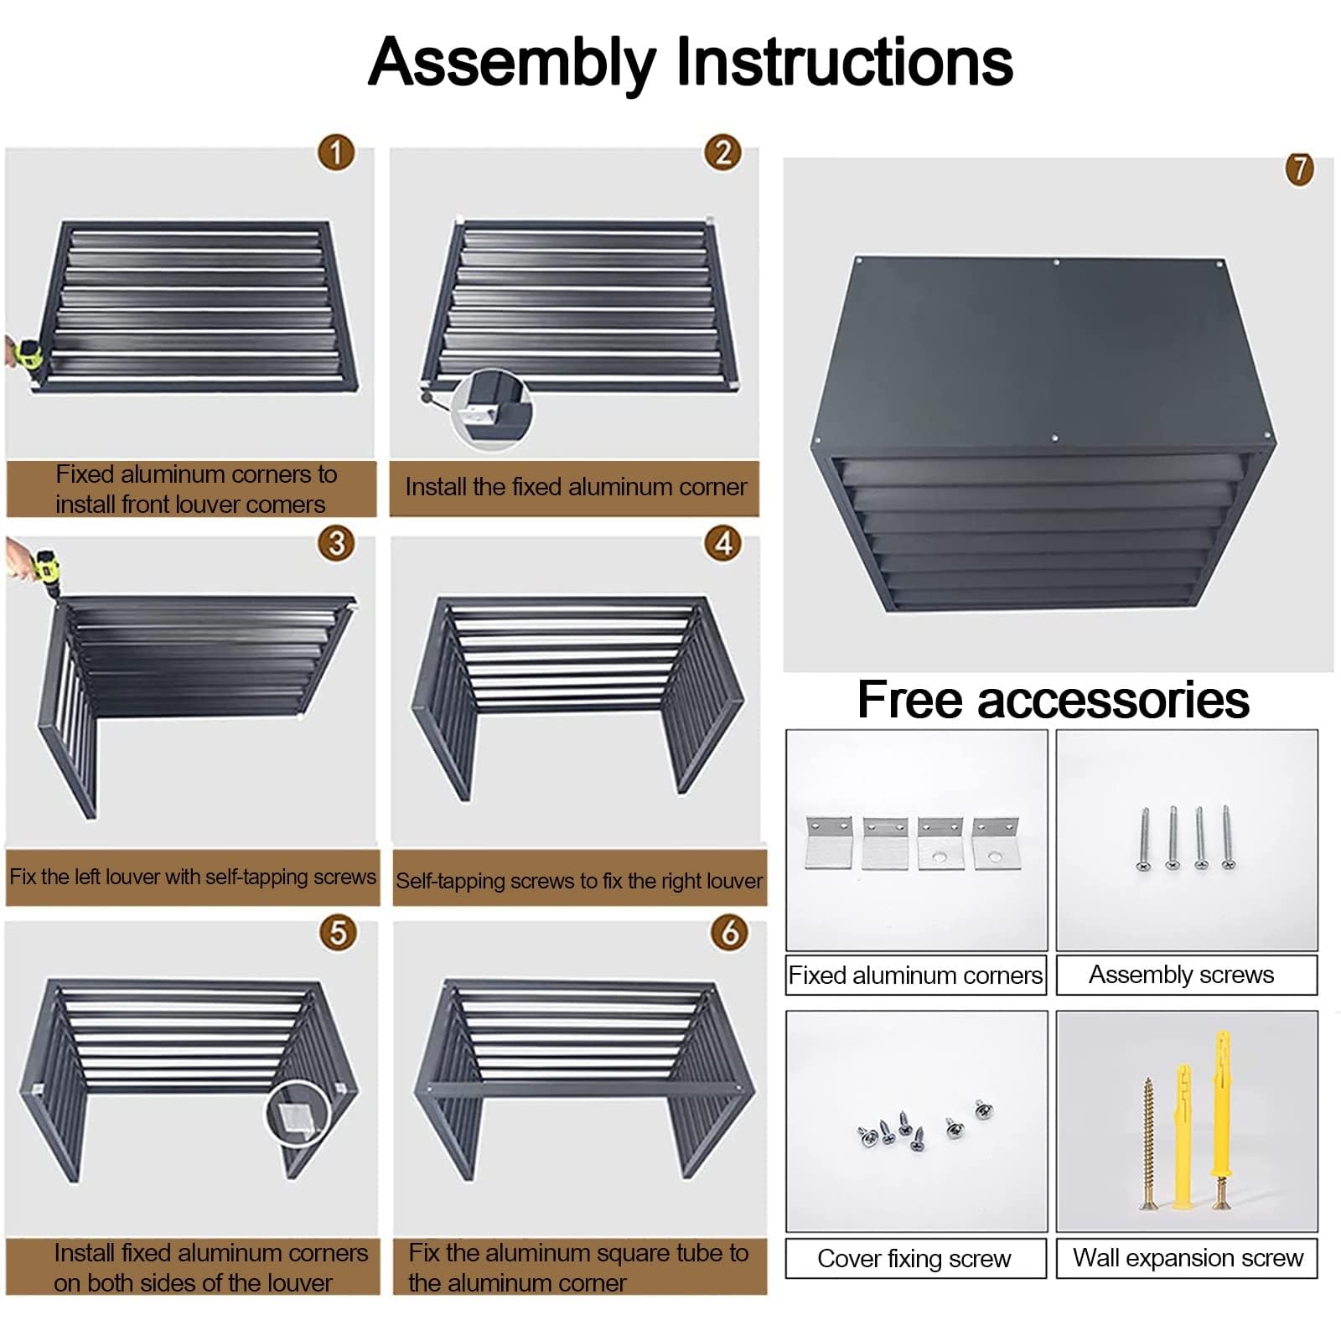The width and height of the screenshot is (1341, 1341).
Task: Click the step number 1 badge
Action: tap(336, 153)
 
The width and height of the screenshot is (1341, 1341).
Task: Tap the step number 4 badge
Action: tap(723, 543)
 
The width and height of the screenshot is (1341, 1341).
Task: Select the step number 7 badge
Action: tap(1299, 168)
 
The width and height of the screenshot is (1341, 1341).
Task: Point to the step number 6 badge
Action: tap(730, 932)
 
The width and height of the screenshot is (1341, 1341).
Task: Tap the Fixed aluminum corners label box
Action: tap(916, 975)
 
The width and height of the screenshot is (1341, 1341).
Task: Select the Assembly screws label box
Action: tap(1187, 975)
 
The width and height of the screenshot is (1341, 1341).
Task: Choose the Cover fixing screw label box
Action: tap(916, 1258)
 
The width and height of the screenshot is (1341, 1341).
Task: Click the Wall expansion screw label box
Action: tap(1187, 1258)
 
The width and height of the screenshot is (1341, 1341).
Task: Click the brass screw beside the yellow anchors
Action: tap(1148, 1142)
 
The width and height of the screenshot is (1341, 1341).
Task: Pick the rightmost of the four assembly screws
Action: tap(1228, 836)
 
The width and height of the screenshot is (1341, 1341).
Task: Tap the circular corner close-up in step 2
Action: tap(492, 410)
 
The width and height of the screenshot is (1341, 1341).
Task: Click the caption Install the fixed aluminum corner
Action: tap(577, 487)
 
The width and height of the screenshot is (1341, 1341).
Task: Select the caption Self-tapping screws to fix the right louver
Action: tap(579, 881)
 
